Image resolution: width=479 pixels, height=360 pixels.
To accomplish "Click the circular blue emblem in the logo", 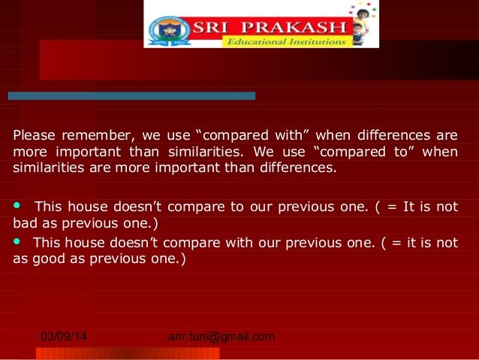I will (x=172, y=29).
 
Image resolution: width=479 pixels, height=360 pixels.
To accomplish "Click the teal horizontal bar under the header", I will (x=131, y=96).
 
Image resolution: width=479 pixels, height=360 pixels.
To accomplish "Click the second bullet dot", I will (x=18, y=241).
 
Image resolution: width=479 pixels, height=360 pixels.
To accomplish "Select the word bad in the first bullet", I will (x=26, y=224).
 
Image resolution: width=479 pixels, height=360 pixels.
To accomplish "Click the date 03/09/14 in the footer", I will (x=63, y=337).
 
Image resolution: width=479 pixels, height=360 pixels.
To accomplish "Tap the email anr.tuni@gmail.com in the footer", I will (x=221, y=337).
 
